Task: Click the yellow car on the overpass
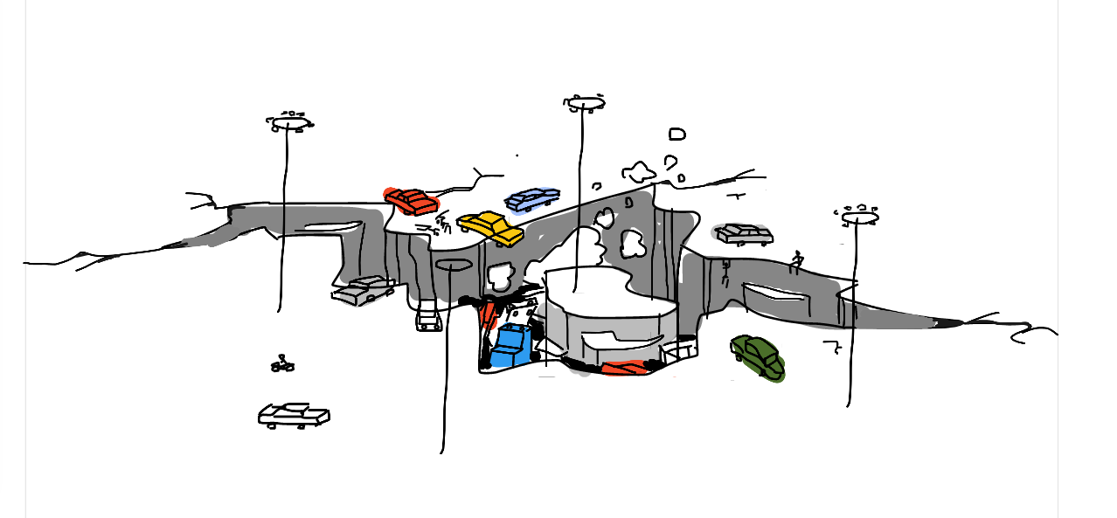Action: point(490,227)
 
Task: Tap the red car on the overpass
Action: point(412,201)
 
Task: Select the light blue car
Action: point(532,199)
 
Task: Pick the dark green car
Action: point(757,356)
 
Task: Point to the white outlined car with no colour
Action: point(294,415)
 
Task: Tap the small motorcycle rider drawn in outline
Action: point(282,363)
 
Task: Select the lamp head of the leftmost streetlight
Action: point(289,123)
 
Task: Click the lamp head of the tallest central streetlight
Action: point(585,103)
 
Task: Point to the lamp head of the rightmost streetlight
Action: point(859,216)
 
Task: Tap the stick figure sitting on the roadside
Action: point(796,261)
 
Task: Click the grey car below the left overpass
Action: point(363,290)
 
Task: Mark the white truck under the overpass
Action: point(428,318)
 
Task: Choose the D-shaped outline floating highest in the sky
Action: point(676,135)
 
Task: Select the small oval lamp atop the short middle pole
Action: point(454,265)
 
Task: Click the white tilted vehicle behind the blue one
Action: point(525,312)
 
